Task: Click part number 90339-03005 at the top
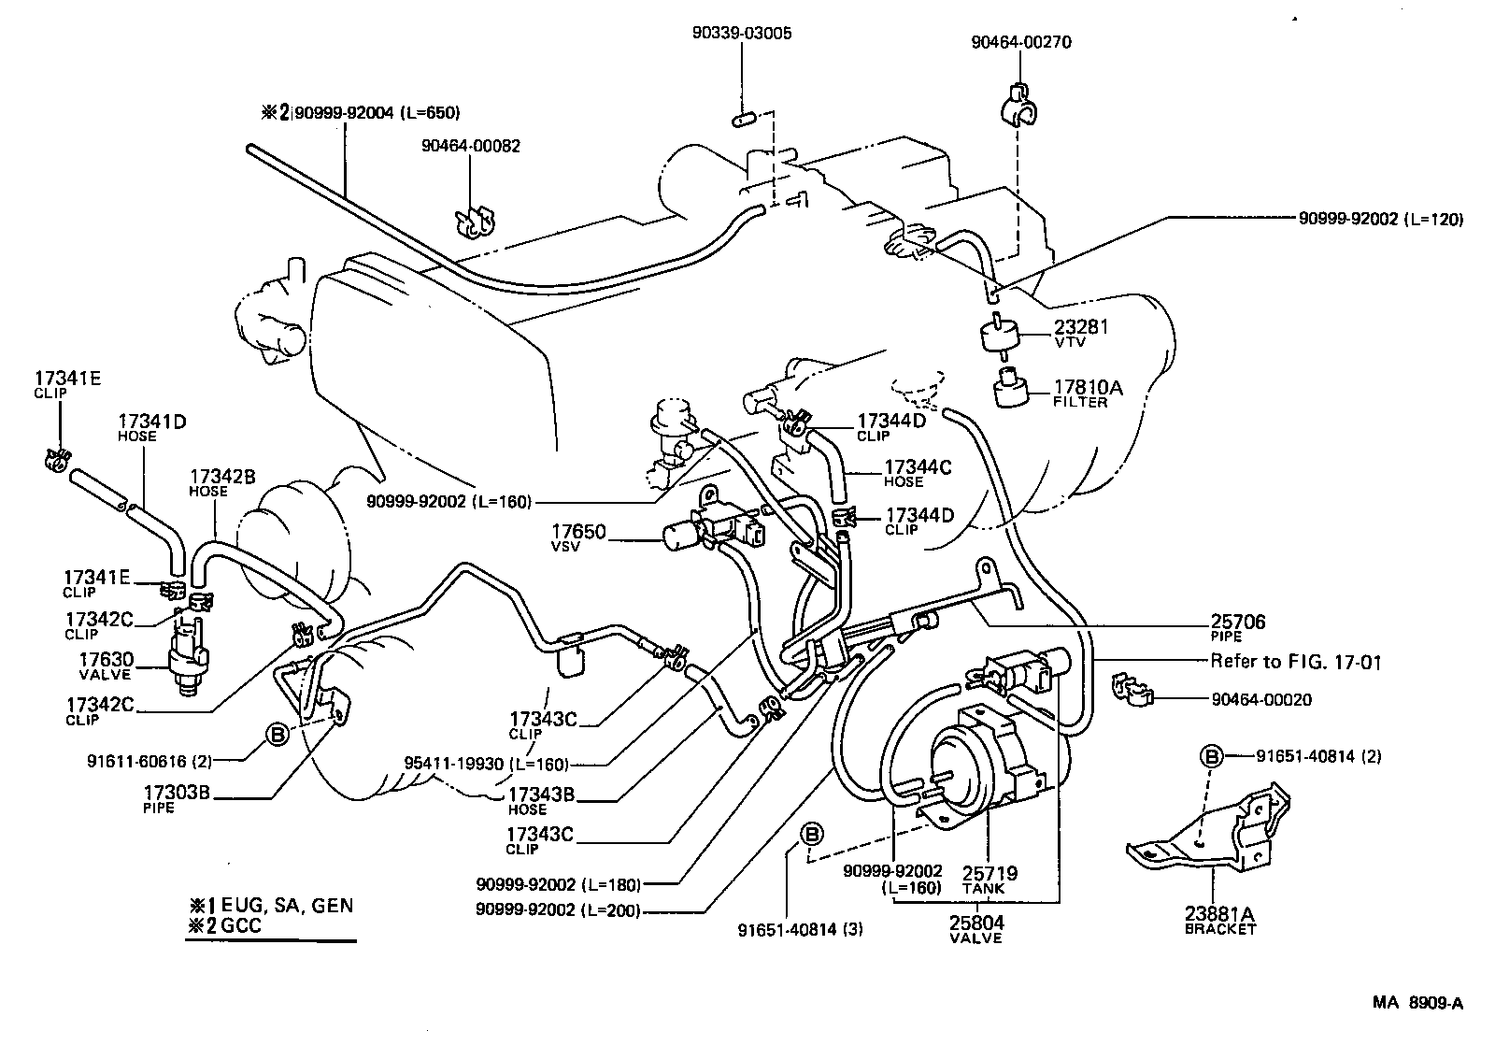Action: click(x=741, y=33)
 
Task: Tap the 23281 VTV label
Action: click(x=1081, y=333)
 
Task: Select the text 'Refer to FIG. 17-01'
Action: click(x=1295, y=662)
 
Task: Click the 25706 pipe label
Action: click(x=1238, y=627)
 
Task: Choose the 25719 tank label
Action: click(x=990, y=879)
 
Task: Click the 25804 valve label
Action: click(x=976, y=928)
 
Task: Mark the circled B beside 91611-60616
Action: click(x=278, y=735)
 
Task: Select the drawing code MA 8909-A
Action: click(x=1417, y=1004)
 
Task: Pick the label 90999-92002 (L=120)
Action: click(x=1380, y=220)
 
